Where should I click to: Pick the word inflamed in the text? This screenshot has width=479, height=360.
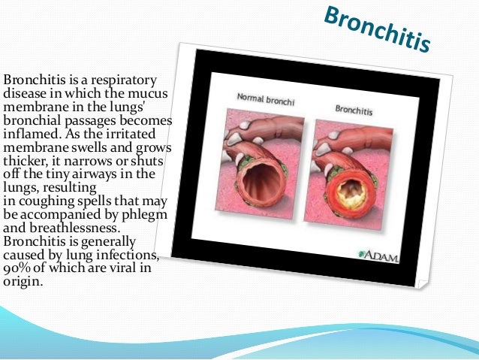(31, 135)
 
